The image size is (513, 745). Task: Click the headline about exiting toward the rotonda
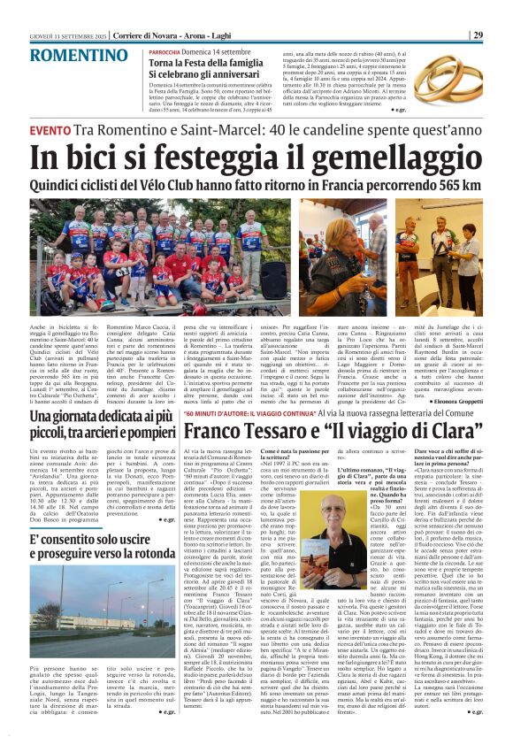coord(89,521)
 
